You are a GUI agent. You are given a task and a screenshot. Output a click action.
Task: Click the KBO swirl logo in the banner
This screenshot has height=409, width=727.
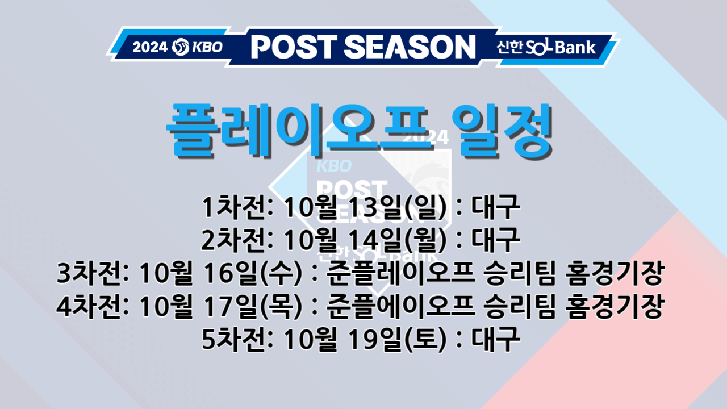tap(180, 47)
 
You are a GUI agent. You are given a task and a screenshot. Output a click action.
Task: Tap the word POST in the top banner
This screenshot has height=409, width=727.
tap(295, 47)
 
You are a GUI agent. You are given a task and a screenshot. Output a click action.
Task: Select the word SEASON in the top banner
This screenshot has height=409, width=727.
tap(410, 47)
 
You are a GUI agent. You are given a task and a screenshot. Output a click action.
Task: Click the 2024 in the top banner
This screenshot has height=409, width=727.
tap(150, 47)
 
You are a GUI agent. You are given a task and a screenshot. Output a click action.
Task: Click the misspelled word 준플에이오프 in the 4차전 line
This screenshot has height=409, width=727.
tap(400, 307)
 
